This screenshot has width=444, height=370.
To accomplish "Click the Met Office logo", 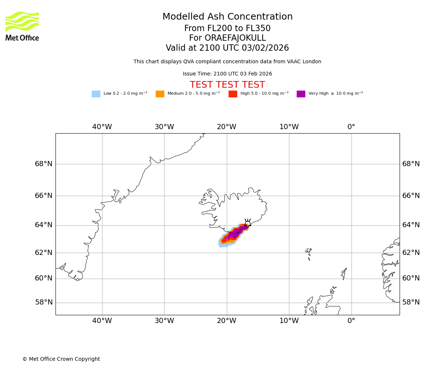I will [22, 26].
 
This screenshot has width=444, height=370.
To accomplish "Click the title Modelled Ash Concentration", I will [228, 17].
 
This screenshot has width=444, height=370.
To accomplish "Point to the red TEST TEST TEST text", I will [228, 85].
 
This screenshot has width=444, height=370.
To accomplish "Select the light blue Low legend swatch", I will [96, 94].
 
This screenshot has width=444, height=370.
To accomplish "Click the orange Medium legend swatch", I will [160, 94].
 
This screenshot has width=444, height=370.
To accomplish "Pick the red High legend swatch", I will [233, 94].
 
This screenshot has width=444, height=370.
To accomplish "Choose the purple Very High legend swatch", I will [301, 94].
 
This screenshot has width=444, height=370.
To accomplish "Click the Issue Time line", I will [228, 74].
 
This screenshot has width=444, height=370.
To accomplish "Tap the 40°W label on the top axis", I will [102, 127].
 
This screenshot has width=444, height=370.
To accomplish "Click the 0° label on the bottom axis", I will [351, 321].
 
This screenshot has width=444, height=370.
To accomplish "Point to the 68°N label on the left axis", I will [44, 164].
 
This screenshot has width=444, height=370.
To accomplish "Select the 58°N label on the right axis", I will [411, 302].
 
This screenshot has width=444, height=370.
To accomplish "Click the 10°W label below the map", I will [289, 321].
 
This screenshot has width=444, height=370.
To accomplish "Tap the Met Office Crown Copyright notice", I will [61, 359].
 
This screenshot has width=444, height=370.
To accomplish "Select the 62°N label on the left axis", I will [44, 253].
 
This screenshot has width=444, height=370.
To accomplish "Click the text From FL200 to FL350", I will [228, 28].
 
